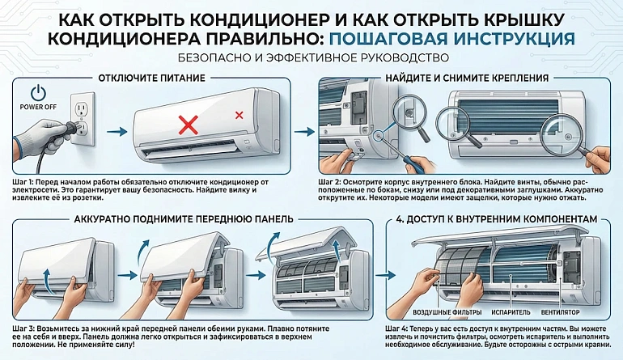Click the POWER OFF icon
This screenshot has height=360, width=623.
pos(37,94)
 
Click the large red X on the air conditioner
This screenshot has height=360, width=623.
pos(188,124)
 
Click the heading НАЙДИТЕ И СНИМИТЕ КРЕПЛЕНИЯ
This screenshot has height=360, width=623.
pos(467,78)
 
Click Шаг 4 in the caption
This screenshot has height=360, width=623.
pos(331,327)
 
